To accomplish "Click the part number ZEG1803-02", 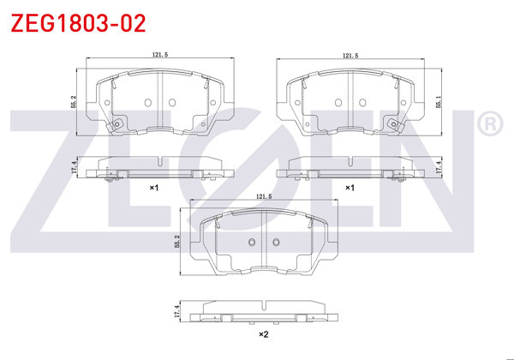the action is click(x=78, y=23).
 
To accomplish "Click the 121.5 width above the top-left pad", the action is click(x=160, y=55).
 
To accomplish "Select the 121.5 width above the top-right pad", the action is click(x=350, y=56).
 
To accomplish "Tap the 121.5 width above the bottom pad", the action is click(x=264, y=196).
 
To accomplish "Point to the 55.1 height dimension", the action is click(x=439, y=102).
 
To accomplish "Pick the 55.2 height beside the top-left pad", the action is click(x=73, y=102).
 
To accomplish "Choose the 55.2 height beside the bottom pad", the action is click(x=177, y=241).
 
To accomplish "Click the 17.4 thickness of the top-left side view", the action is click(x=73, y=167).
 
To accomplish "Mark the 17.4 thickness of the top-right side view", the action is click(x=439, y=167).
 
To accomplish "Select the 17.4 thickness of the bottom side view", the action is click(x=177, y=311).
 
